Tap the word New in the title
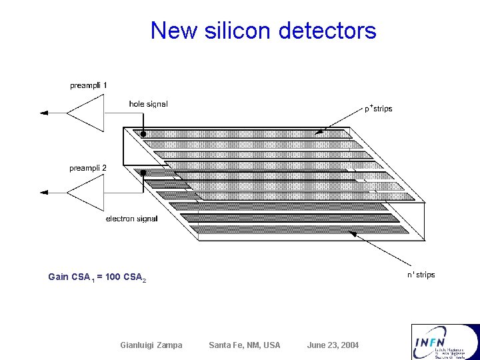(173, 31)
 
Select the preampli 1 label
(89, 85)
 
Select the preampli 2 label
(88, 168)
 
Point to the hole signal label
(148, 104)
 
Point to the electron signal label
(132, 219)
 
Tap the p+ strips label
(378, 108)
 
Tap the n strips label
(421, 275)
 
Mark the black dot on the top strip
(143, 134)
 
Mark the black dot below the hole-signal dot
(143, 172)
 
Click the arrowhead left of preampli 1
(45, 113)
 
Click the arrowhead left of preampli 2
(45, 193)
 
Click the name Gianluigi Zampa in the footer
(151, 345)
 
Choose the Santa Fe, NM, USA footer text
(245, 345)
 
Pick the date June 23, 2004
(333, 345)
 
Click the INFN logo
(445, 341)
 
